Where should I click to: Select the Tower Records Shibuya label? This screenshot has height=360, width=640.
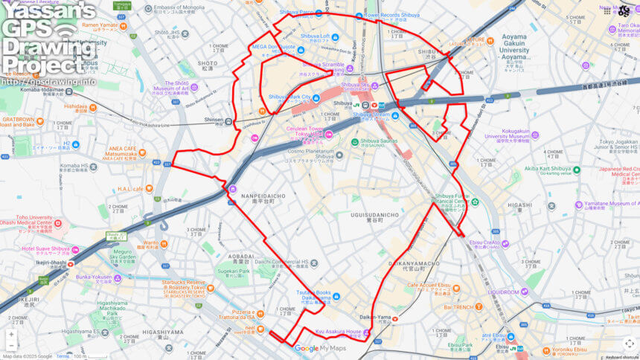pos(391,15)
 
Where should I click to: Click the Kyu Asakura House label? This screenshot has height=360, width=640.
pos(338,332)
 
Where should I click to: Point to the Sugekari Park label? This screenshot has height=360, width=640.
pos(233,271)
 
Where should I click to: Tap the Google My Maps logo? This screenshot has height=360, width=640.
pos(320,348)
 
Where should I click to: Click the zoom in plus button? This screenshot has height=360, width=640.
pos(11,334)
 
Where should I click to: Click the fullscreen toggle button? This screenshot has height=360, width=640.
pos(630,344)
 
